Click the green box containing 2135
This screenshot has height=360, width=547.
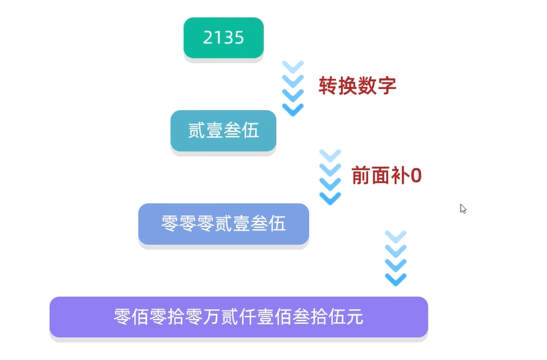[x=223, y=38]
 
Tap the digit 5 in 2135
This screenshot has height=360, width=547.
[x=239, y=38]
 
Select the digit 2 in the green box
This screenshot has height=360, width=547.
[x=208, y=38]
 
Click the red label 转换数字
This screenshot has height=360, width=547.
[x=357, y=86]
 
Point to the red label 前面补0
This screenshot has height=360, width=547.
[x=386, y=176]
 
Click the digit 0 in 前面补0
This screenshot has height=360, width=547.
[x=416, y=176]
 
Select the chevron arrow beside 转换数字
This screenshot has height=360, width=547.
[x=293, y=88]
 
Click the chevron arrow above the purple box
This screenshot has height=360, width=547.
[x=396, y=258]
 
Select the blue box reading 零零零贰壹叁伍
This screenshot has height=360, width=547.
[x=223, y=223]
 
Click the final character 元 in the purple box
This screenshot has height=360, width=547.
[x=355, y=316]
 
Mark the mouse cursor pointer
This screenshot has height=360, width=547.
[x=463, y=208]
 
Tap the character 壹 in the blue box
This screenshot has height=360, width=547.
[x=241, y=223]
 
